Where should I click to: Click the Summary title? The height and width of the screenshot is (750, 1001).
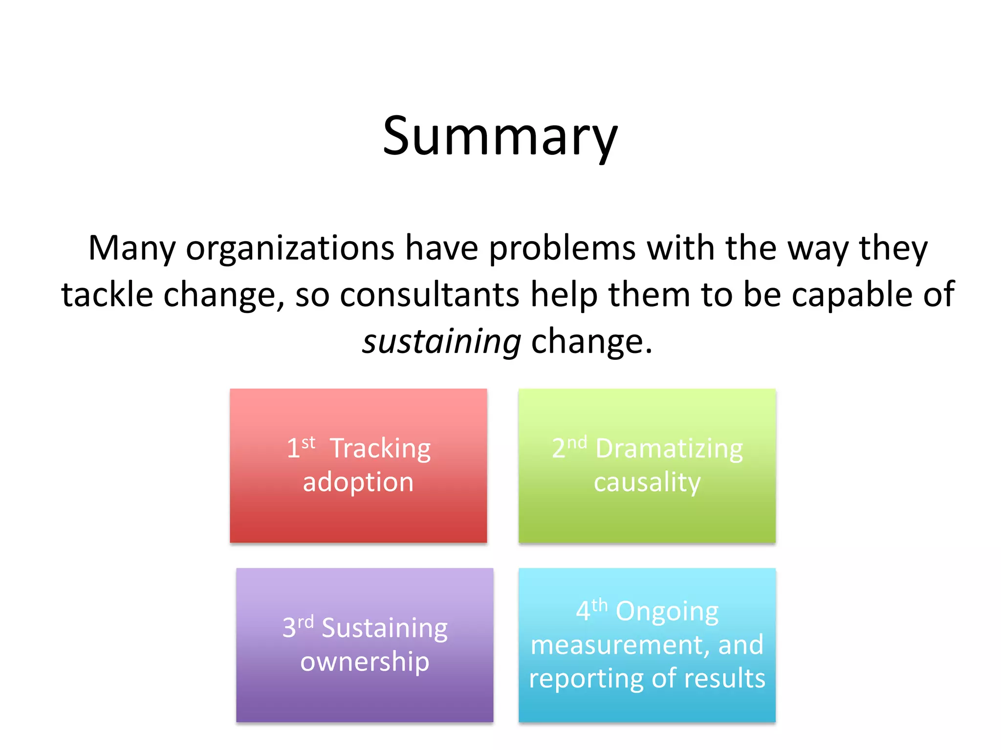pyautogui.click(x=500, y=137)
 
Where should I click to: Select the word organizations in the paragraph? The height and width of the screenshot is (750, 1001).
pyautogui.click(x=290, y=249)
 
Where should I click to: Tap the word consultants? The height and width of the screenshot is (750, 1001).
pyautogui.click(x=429, y=295)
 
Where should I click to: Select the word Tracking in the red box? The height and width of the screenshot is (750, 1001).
pyautogui.click(x=380, y=448)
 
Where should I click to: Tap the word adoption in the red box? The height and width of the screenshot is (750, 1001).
pyautogui.click(x=358, y=482)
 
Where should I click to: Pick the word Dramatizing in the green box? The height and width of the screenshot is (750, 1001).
pyautogui.click(x=669, y=448)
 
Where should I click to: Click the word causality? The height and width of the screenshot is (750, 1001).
pyautogui.click(x=647, y=482)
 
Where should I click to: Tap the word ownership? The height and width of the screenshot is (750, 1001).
pyautogui.click(x=365, y=662)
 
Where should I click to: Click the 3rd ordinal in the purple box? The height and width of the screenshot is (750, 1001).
pyautogui.click(x=297, y=627)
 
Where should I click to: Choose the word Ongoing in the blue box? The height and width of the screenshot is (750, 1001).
pyautogui.click(x=667, y=611)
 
